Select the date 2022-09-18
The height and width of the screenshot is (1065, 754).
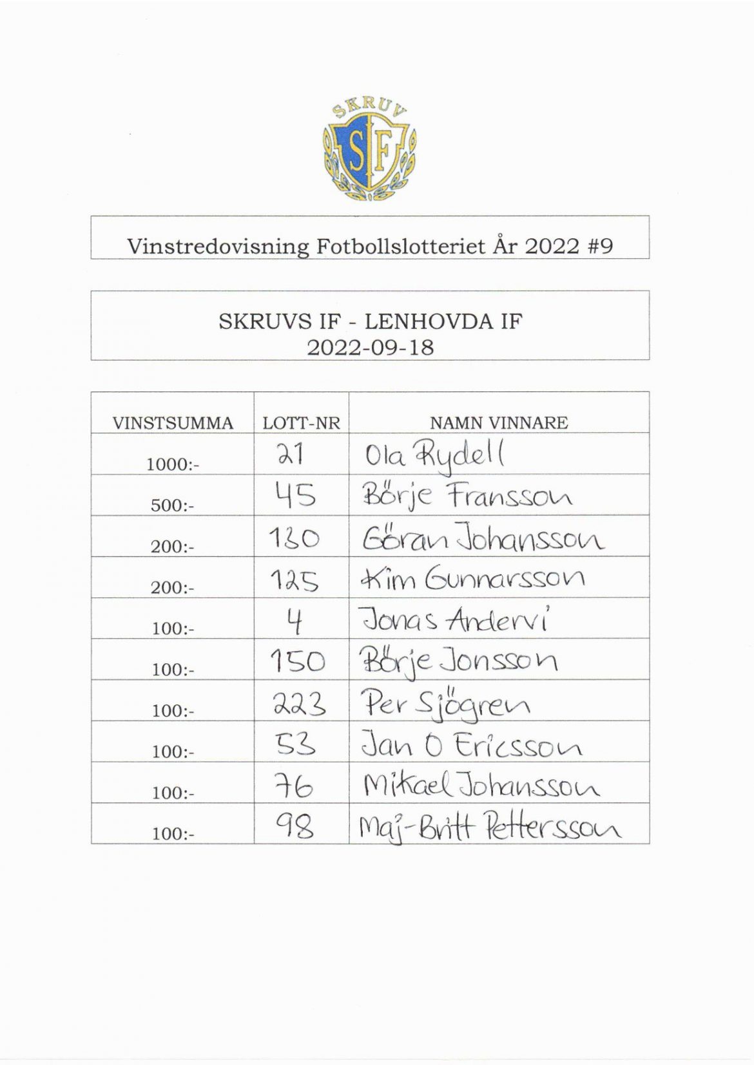coord(370,348)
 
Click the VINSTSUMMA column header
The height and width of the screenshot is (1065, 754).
coord(173,423)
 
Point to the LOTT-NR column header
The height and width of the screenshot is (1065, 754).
coord(301,423)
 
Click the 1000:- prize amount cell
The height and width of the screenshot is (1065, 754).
coord(173,464)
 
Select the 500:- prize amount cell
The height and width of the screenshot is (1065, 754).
coord(173,505)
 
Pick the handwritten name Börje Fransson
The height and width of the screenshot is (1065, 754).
coord(467,498)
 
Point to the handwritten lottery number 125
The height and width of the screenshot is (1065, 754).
coord(293,580)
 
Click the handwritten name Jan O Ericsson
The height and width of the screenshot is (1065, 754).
coord(471,746)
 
